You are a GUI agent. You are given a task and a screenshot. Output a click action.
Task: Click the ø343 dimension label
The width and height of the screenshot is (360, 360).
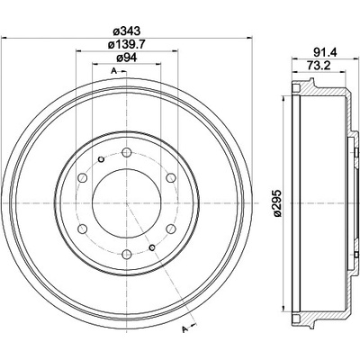click(127, 31)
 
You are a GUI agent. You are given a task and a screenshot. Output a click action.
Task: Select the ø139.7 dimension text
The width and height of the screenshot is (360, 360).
click(127, 44)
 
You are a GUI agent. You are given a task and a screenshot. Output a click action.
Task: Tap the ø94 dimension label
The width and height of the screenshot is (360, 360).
click(127, 58)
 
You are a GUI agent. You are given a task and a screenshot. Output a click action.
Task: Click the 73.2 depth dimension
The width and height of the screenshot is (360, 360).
click(319, 65)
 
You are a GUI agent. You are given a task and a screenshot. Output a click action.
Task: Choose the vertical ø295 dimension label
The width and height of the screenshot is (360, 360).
click(277, 202)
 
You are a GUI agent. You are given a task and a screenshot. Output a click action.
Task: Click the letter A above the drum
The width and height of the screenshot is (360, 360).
click(113, 71)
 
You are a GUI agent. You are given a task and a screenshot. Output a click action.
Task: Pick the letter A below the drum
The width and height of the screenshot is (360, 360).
click(184, 329)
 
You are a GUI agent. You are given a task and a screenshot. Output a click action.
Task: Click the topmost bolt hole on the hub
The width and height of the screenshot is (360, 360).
click(127, 153)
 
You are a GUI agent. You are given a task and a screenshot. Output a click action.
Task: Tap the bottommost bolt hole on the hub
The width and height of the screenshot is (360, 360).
click(127, 255)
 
